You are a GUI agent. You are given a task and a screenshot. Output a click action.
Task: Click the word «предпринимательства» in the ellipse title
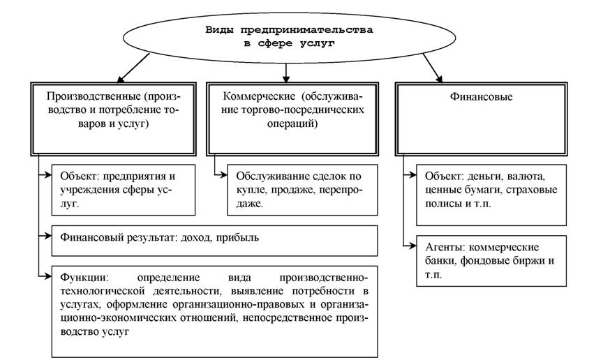(x=307, y=30)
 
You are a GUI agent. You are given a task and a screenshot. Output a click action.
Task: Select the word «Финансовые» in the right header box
(x=482, y=96)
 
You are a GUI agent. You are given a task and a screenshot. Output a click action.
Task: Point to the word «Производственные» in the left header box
(x=93, y=96)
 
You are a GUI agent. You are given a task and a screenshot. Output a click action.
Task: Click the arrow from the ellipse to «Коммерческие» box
(x=286, y=73)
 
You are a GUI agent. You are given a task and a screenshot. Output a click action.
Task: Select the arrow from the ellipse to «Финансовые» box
(x=433, y=68)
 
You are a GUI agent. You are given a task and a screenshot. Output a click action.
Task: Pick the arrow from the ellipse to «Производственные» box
(x=133, y=68)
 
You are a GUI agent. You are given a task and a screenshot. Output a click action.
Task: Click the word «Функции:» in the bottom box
(x=83, y=278)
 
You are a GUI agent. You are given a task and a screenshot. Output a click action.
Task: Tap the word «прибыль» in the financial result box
(x=237, y=237)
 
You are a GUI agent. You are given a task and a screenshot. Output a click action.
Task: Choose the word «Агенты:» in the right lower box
(x=445, y=247)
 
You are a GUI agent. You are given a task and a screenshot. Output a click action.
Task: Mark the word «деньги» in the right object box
(x=485, y=177)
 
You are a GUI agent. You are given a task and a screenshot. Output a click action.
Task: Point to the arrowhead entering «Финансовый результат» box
(x=48, y=236)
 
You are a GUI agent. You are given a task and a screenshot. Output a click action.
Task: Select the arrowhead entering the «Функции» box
(x=48, y=276)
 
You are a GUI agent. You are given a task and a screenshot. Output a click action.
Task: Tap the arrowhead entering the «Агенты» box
(x=412, y=246)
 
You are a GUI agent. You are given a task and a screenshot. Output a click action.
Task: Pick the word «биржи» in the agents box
(x=528, y=261)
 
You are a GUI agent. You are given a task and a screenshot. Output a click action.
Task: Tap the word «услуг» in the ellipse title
(x=317, y=43)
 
